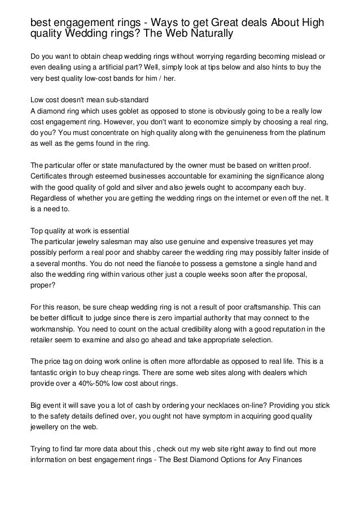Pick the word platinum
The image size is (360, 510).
[x=307, y=133]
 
